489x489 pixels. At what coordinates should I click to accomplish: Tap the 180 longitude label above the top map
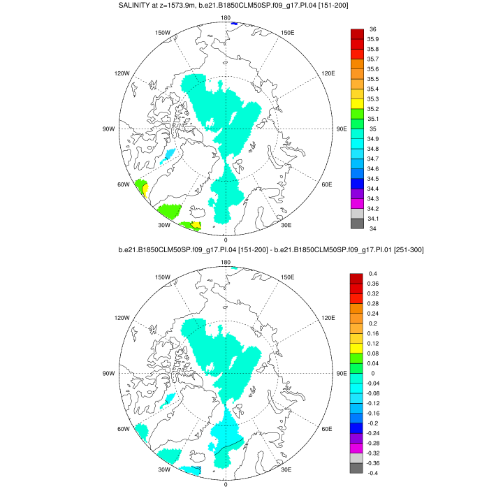tap(226, 17)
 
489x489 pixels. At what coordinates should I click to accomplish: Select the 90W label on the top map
tap(108, 129)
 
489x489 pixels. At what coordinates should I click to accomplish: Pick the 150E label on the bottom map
tap(286, 277)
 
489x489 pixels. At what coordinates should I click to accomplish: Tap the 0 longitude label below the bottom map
tap(226, 484)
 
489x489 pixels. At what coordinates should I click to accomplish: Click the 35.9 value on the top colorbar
tap(374, 39)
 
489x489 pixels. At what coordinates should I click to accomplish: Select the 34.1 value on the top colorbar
tap(374, 219)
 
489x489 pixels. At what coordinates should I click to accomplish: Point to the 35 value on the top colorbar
tap(371, 129)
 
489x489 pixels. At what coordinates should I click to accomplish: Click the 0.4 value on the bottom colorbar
tap(372, 273)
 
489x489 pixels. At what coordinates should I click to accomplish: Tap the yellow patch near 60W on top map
tap(144, 187)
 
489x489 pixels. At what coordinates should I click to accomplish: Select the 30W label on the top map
tap(165, 225)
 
